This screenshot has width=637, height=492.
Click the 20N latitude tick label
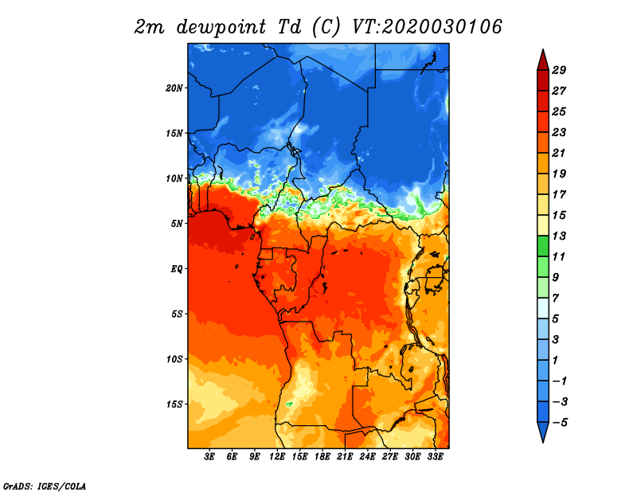tap(174, 88)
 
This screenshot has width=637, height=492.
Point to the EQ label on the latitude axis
tap(176, 268)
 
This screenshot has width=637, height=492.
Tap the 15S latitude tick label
tap(174, 404)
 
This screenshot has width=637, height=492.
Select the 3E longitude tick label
tap(209, 457)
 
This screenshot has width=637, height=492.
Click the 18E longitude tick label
tap(322, 457)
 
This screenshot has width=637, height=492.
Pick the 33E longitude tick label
tap(435, 457)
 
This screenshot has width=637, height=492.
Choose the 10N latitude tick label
tap(174, 178)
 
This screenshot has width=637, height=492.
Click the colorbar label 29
tap(559, 70)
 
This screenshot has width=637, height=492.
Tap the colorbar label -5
tap(560, 423)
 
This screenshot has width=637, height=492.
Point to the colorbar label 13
tap(559, 236)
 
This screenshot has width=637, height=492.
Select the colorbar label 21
tap(559, 153)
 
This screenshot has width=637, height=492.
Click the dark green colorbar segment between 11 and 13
tap(543, 246)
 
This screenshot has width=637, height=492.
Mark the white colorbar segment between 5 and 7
tap(543, 308)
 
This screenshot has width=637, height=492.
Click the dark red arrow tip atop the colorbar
tap(543, 50)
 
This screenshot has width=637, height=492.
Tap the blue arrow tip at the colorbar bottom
tap(543, 442)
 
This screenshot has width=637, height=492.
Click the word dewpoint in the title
tap(221, 27)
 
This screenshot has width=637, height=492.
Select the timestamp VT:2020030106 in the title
tap(427, 27)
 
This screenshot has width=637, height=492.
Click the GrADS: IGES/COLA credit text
tap(45, 486)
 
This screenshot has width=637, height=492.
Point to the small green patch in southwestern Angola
tap(289, 404)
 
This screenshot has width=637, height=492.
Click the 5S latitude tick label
tap(176, 314)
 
